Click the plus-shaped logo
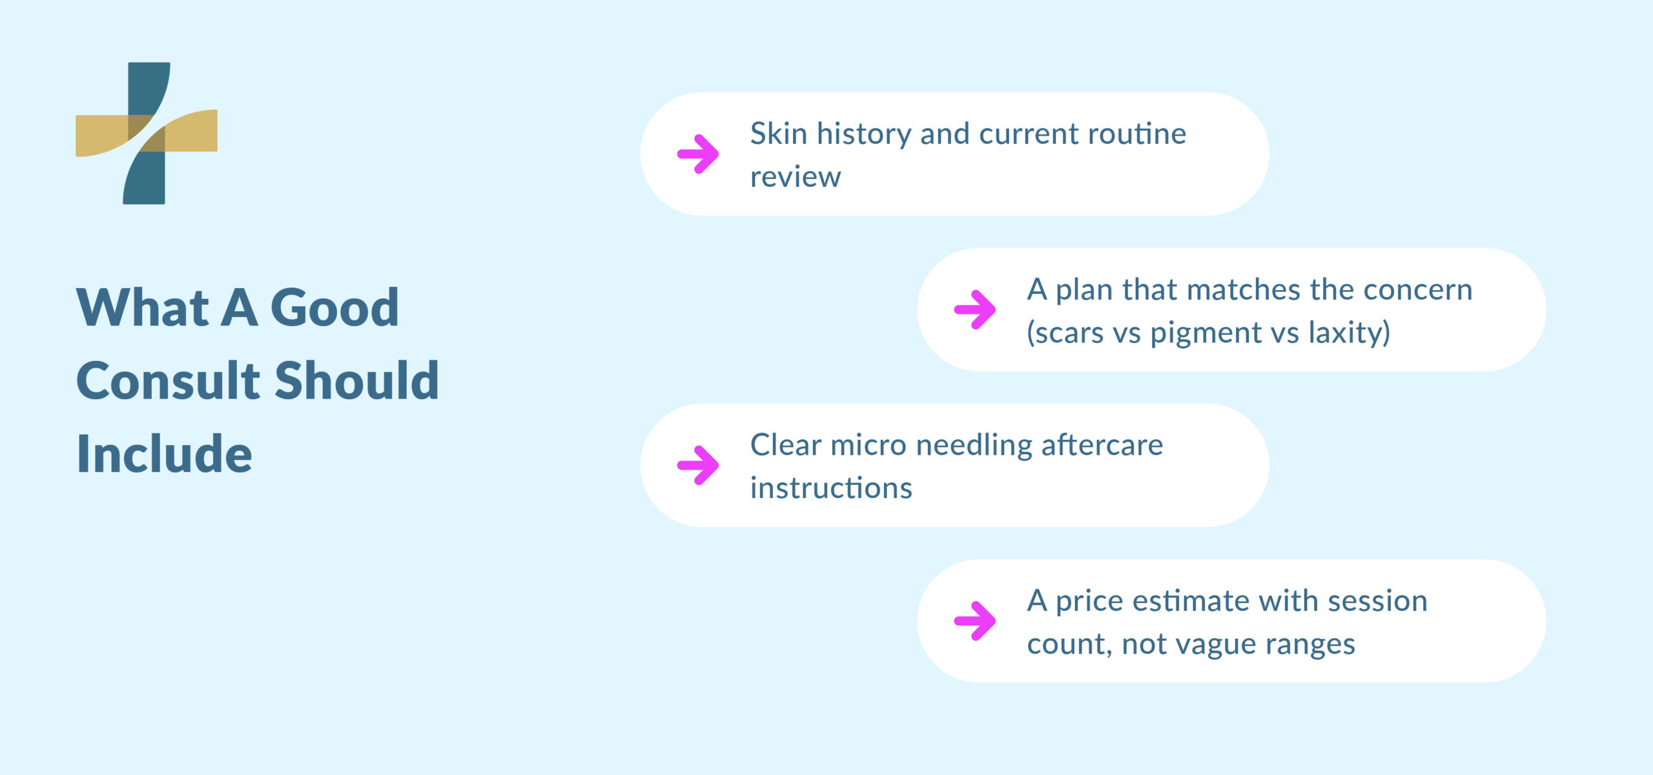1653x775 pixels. (147, 133)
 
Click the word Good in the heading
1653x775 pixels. (334, 307)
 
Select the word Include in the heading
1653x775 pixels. (164, 454)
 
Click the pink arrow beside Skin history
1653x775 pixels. (697, 154)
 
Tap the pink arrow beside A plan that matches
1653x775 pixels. (974, 309)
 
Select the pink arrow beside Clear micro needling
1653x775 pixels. (697, 465)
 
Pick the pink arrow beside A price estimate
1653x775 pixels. (974, 621)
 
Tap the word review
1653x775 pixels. (796, 177)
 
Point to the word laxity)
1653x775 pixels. (1349, 333)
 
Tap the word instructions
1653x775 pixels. (831, 488)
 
